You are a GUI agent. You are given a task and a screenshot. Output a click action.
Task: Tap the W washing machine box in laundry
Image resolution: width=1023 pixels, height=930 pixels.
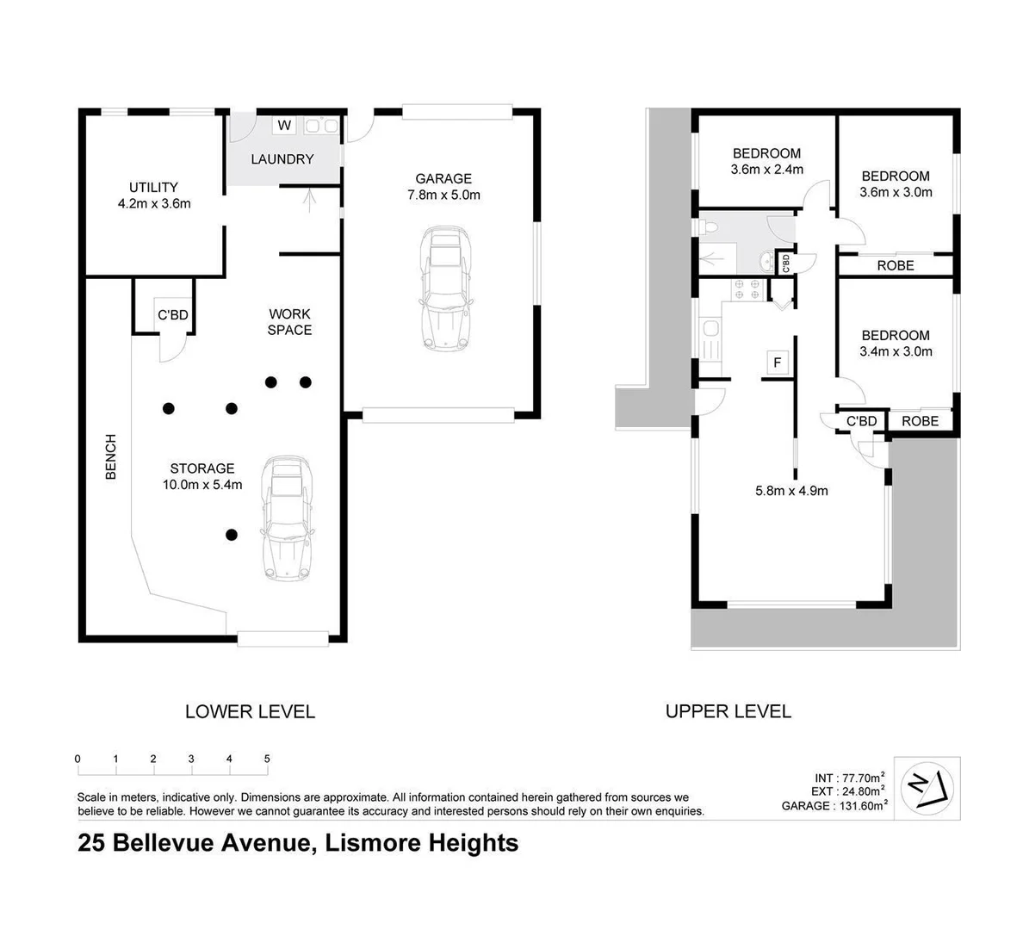pyautogui.click(x=284, y=126)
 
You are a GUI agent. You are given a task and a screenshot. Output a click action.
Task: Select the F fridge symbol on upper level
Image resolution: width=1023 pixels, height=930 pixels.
pyautogui.click(x=777, y=363)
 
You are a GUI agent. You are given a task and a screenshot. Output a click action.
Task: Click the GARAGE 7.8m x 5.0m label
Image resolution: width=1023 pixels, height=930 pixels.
pyautogui.click(x=443, y=187)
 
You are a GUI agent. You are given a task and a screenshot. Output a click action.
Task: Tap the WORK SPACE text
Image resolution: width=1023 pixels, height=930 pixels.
pyautogui.click(x=289, y=322)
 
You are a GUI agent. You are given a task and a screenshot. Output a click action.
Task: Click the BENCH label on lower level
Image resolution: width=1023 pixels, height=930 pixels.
pyautogui.click(x=110, y=457)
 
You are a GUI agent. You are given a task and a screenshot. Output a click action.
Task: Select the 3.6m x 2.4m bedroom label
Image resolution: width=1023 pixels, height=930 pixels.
pyautogui.click(x=766, y=162)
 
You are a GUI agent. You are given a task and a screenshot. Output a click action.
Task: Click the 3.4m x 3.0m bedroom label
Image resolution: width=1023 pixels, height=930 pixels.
pyautogui.click(x=896, y=343)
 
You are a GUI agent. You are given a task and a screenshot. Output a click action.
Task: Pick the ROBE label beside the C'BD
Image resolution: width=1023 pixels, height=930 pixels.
pyautogui.click(x=920, y=421)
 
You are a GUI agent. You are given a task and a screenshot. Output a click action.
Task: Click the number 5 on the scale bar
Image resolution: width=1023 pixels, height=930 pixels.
pyautogui.click(x=267, y=759)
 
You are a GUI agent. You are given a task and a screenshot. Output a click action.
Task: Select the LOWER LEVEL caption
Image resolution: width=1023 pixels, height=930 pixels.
pyautogui.click(x=250, y=712)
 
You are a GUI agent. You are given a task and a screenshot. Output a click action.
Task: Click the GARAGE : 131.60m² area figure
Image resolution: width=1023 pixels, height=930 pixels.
pyautogui.click(x=834, y=806)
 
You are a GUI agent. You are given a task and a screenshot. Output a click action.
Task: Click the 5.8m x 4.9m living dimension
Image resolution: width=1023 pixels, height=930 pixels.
pyautogui.click(x=791, y=491)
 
